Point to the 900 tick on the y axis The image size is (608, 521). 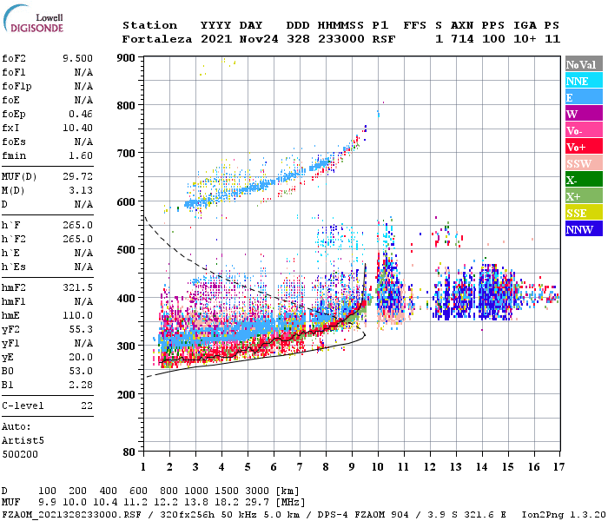pyautogui.click(x=126, y=57)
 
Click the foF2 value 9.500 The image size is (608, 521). pyautogui.click(x=77, y=58)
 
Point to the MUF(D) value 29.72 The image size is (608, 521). pyautogui.click(x=77, y=176)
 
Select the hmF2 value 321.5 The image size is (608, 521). pyautogui.click(x=77, y=287)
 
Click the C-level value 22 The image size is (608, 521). pyautogui.click(x=86, y=406)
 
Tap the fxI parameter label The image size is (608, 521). pyautogui.click(x=12, y=128)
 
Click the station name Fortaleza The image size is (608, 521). pyautogui.click(x=157, y=39)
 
